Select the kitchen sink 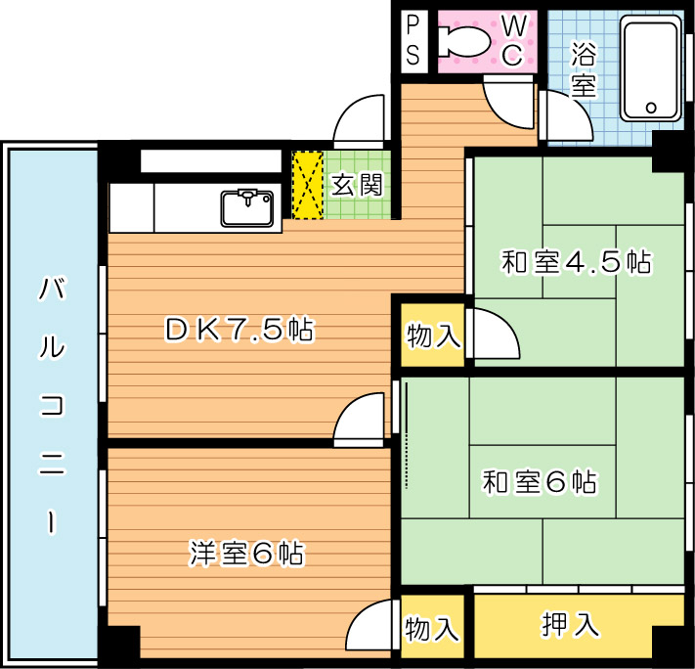coord(246,207)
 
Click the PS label coord(413,40)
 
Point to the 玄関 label coord(357,184)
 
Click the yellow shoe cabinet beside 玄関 coord(308,185)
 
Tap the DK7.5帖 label coord(239,331)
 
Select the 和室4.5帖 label coord(576,262)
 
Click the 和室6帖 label coord(540,482)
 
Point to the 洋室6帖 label coord(246,555)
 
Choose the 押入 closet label coord(571,625)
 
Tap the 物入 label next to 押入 coord(432,628)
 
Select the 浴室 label coord(584,66)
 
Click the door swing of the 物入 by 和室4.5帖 coord(494,334)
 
